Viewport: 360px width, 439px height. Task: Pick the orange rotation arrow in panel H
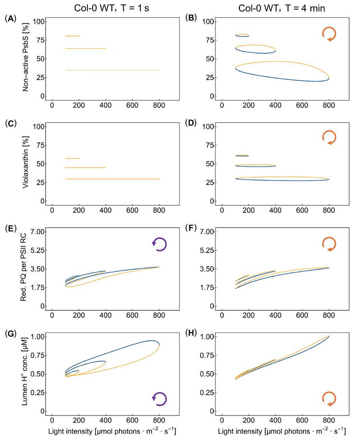(329, 399)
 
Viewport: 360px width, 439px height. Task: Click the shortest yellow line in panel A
(72, 36)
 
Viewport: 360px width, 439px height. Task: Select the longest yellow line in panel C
(112, 179)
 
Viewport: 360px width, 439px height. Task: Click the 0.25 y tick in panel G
(37, 393)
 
